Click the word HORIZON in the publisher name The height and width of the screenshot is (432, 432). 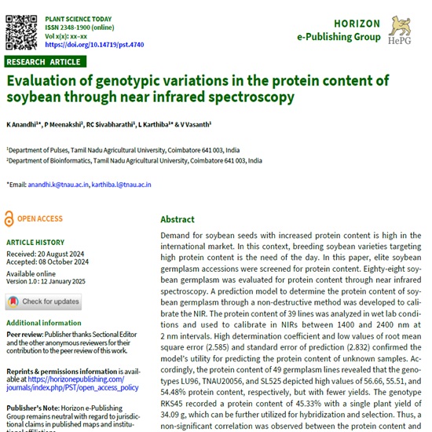click(355, 24)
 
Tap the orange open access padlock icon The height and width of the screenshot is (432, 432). click(9, 219)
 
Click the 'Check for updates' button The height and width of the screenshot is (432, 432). click(43, 302)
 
